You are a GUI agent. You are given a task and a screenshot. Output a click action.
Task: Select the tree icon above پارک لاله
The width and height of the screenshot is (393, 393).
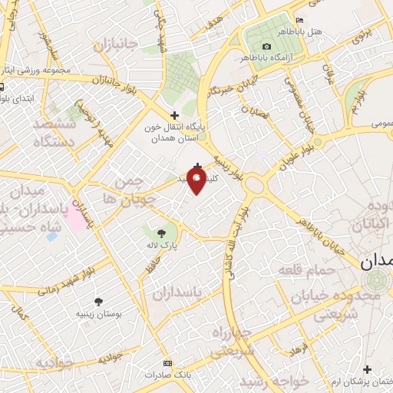160,233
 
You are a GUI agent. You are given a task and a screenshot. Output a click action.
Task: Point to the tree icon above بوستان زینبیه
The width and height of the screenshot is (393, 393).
97,302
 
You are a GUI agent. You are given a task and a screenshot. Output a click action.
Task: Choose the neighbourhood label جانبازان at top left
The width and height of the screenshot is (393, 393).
115,46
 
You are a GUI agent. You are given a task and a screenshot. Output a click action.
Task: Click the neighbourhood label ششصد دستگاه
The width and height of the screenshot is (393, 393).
54,131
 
